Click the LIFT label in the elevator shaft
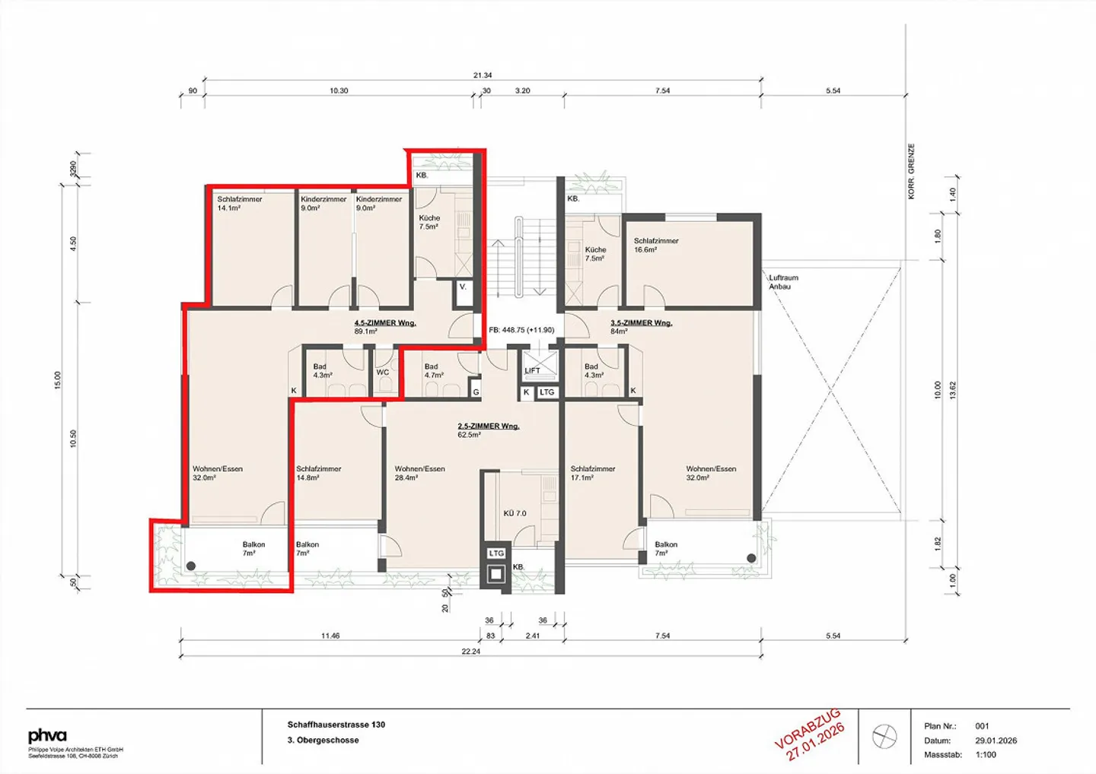pyautogui.click(x=532, y=370)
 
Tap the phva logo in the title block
pyautogui.click(x=47, y=735)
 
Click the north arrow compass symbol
pyautogui.click(x=884, y=736)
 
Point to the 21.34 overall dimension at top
pyautogui.click(x=483, y=75)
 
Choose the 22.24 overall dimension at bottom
pyautogui.click(x=471, y=652)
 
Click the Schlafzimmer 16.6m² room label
pyautogui.click(x=656, y=245)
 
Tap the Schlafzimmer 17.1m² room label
pyautogui.click(x=593, y=473)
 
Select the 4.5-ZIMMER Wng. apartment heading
pyautogui.click(x=385, y=323)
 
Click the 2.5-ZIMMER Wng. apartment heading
pyautogui.click(x=489, y=427)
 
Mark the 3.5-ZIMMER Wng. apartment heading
pyautogui.click(x=642, y=323)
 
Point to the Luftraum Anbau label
pyautogui.click(x=783, y=282)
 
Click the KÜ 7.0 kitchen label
pyautogui.click(x=515, y=513)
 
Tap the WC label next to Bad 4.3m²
pyautogui.click(x=383, y=373)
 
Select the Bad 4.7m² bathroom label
pyautogui.click(x=434, y=370)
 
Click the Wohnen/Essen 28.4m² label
pyautogui.click(x=419, y=473)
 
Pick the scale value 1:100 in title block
pyautogui.click(x=986, y=755)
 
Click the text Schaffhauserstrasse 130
pyautogui.click(x=336, y=725)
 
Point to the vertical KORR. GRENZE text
pyautogui.click(x=911, y=172)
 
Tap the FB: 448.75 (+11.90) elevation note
pyautogui.click(x=521, y=330)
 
